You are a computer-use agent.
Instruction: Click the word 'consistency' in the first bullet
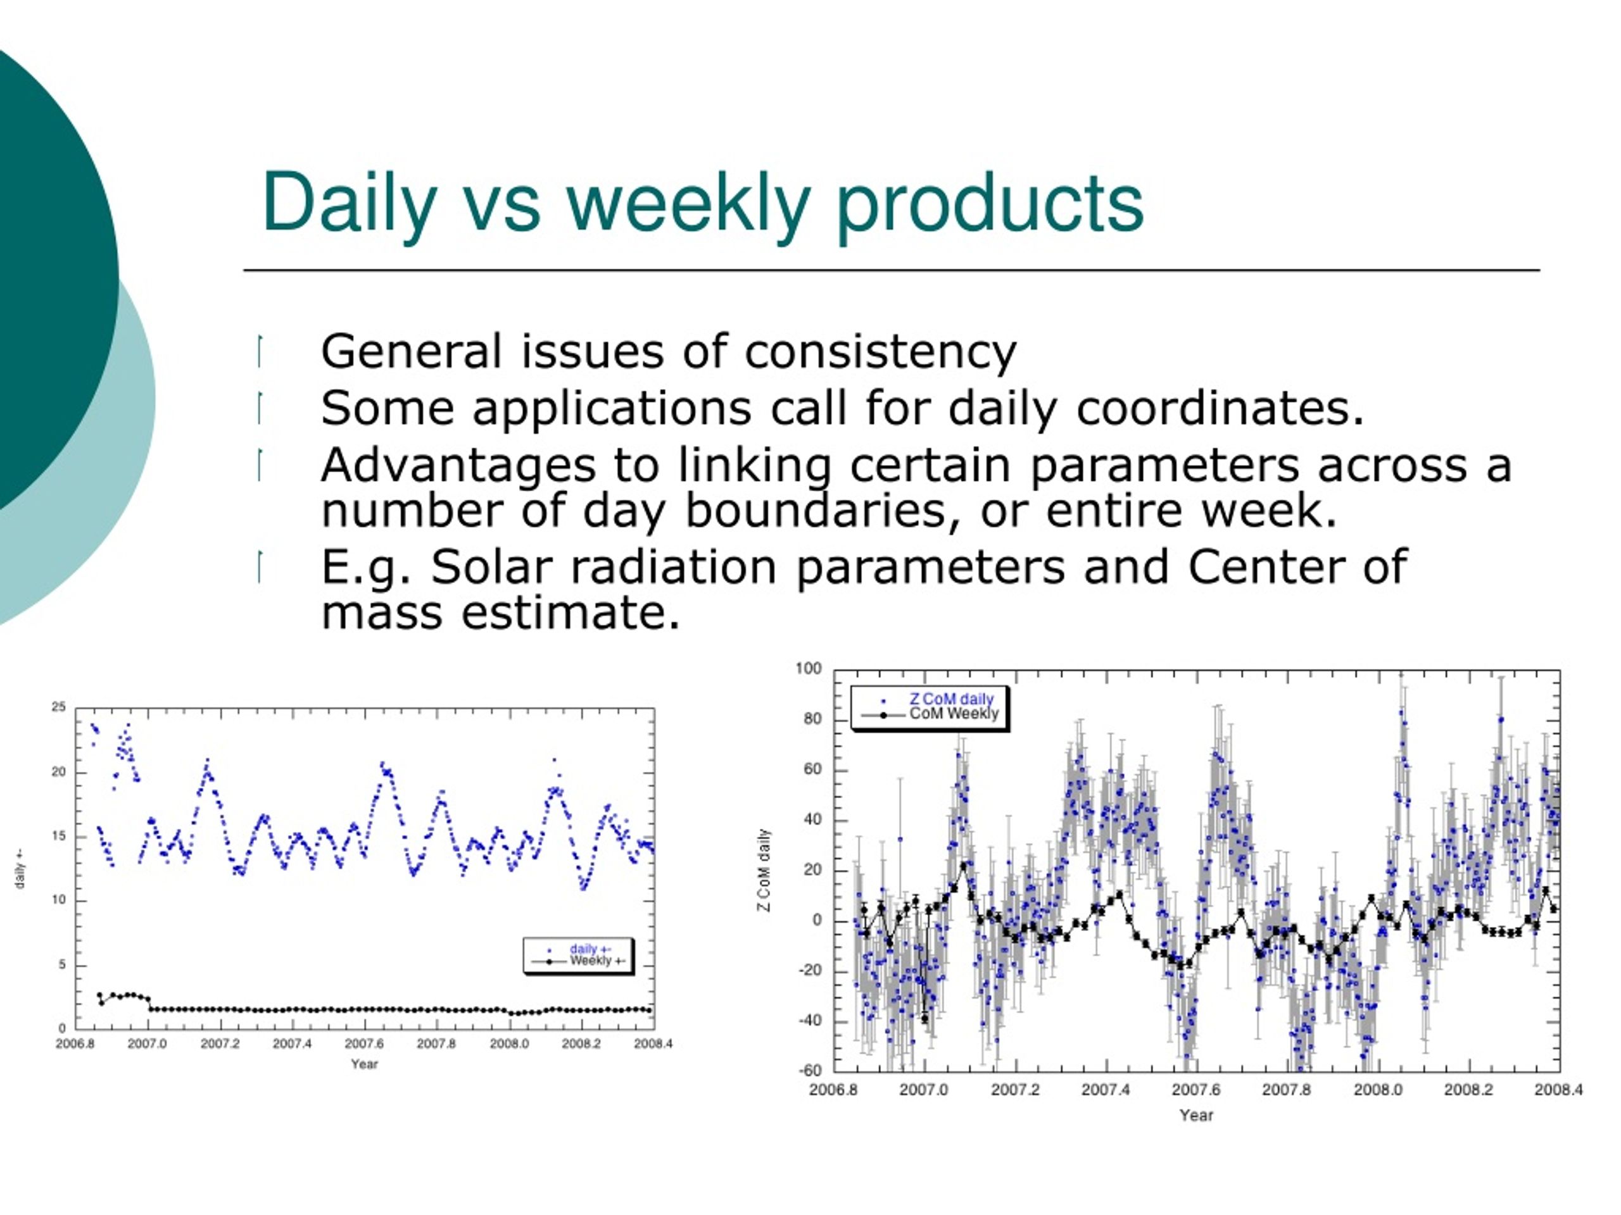point(880,352)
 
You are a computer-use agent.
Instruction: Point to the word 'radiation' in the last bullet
point(672,567)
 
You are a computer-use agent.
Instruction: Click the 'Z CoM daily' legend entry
point(950,699)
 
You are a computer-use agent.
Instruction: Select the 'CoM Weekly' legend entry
point(954,714)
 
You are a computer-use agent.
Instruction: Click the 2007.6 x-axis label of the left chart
point(364,1044)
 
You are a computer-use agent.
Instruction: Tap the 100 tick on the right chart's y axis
point(809,669)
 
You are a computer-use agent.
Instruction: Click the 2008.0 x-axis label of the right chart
point(1378,1090)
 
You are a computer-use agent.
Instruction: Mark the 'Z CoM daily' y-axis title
point(764,870)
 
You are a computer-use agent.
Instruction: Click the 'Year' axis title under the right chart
point(1196,1116)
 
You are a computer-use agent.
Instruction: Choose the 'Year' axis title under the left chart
point(364,1064)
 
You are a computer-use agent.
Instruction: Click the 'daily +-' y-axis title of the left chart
point(20,869)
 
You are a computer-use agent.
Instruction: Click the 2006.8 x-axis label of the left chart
point(75,1044)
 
